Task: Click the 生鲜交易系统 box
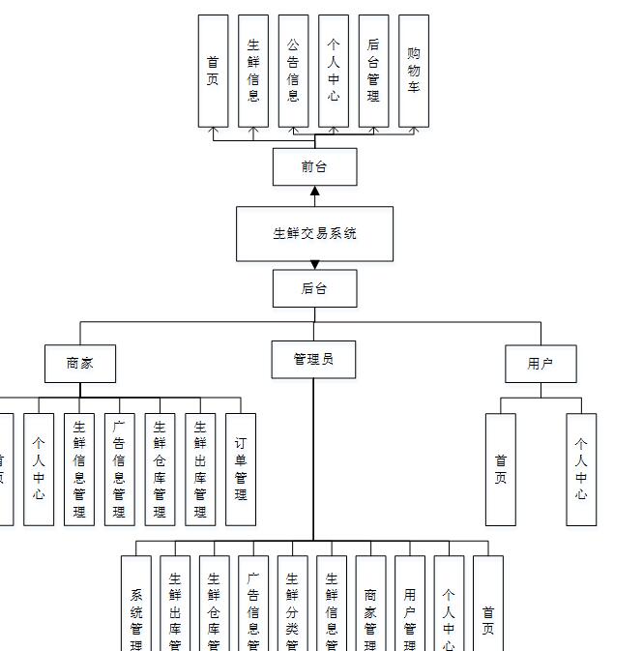pos(314,233)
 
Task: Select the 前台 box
pos(314,166)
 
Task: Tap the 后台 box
pos(314,288)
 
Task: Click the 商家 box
pos(80,364)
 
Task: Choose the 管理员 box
pos(313,359)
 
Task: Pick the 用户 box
pos(541,364)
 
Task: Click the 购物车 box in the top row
pos(414,71)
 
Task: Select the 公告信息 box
pos(293,71)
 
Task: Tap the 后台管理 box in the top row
pos(373,71)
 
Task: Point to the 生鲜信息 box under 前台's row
pos(253,71)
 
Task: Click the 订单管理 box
pos(241,469)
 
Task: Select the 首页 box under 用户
pos(500,469)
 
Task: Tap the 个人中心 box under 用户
pos(581,469)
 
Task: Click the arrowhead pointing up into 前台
pos(314,191)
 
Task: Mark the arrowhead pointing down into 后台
pos(314,265)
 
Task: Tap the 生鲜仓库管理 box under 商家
pos(160,469)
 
